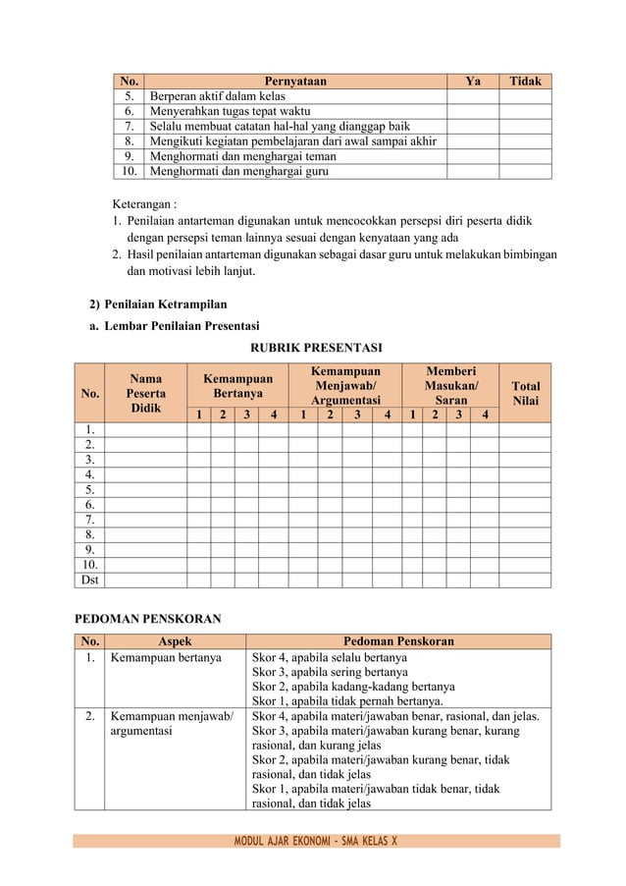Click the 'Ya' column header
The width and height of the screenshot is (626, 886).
[x=472, y=82]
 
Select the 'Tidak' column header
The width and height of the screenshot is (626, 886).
[x=525, y=82]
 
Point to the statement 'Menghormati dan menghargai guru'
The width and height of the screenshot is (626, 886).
[x=238, y=171]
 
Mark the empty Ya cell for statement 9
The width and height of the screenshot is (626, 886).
[x=472, y=156]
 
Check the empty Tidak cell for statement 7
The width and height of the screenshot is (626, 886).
[x=525, y=126]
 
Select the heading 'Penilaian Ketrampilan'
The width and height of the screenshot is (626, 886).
[x=165, y=305]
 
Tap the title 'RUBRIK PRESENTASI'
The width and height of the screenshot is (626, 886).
[x=316, y=348]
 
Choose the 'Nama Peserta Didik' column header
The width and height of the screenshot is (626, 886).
[x=145, y=392]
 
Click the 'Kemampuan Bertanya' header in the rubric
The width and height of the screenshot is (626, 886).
[x=236, y=385]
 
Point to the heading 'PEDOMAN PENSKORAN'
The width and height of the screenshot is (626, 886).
[x=148, y=619]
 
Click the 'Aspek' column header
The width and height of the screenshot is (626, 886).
[x=175, y=641]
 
